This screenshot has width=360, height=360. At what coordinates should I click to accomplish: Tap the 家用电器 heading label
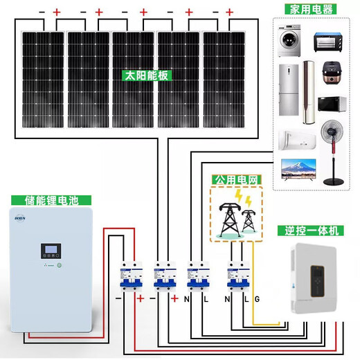click(309, 9)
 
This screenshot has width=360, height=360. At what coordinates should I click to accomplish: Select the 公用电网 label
click(237, 180)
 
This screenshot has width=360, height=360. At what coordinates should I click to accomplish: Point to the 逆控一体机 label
click(308, 231)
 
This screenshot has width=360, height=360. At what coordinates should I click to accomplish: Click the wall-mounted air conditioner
click(296, 138)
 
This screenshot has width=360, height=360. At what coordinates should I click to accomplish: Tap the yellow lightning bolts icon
click(242, 199)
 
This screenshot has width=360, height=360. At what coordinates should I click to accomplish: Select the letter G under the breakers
click(258, 299)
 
